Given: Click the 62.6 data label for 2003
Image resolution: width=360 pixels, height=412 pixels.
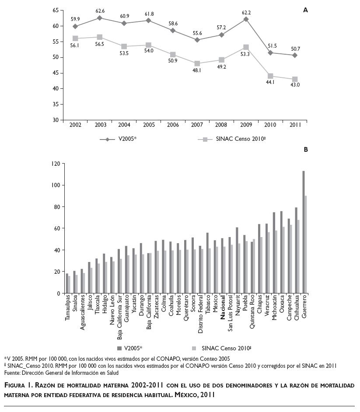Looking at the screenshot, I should click(x=101, y=10).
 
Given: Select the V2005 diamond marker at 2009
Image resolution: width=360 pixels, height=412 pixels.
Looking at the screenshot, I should click(x=246, y=19).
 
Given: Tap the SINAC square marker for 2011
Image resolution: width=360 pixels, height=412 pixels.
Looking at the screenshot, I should click(x=295, y=79).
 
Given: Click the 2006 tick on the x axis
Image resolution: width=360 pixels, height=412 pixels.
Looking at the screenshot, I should click(x=173, y=125).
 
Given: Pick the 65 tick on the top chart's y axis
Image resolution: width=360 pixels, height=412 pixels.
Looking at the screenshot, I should click(x=55, y=10).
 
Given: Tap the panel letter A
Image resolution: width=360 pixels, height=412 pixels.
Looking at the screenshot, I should click(x=306, y=10).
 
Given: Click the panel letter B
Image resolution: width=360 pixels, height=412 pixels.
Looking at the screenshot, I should click(x=306, y=150).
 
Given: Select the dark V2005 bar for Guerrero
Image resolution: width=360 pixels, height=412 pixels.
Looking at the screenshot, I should click(x=303, y=232).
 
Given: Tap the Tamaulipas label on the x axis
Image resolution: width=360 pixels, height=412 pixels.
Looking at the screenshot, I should click(x=68, y=308).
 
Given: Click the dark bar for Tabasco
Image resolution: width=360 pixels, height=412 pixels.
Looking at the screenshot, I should click(x=207, y=263).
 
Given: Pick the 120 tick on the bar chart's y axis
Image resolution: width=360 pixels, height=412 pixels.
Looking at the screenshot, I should click(x=55, y=164).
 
